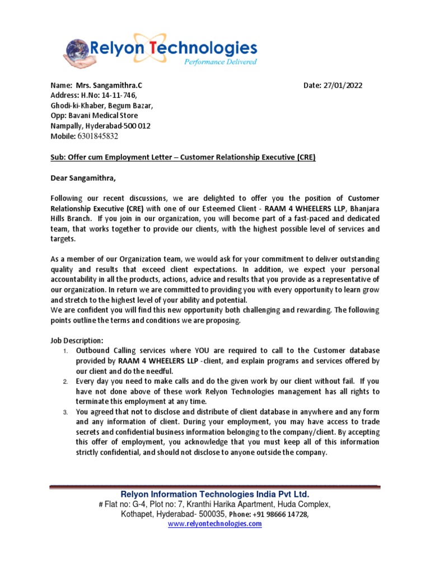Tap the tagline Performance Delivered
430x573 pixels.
click(x=221, y=62)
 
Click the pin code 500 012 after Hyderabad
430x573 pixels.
click(x=137, y=126)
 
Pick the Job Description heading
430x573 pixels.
click(x=77, y=340)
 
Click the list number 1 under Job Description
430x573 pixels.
click(x=65, y=351)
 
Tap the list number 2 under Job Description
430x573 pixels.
click(x=65, y=381)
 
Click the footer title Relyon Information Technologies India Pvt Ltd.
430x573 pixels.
click(x=215, y=494)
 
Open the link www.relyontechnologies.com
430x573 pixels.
click(x=215, y=524)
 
